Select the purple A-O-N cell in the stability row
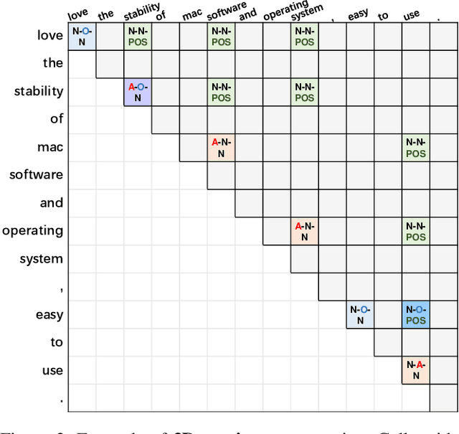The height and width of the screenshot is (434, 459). tap(137, 92)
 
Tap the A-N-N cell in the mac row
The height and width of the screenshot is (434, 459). tap(221, 148)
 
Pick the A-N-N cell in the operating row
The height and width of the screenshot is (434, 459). tap(305, 231)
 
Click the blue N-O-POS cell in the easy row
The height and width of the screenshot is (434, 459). tap(415, 315)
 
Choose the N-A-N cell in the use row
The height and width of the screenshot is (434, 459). tap(415, 370)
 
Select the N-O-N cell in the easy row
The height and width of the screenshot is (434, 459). tap(360, 315)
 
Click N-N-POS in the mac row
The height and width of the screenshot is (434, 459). tap(415, 148)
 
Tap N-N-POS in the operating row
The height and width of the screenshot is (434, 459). tap(415, 231)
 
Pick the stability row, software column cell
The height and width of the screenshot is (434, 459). tap(221, 92)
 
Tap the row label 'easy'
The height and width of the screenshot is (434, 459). tap(49, 315)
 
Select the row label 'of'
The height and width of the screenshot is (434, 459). tap(56, 119)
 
